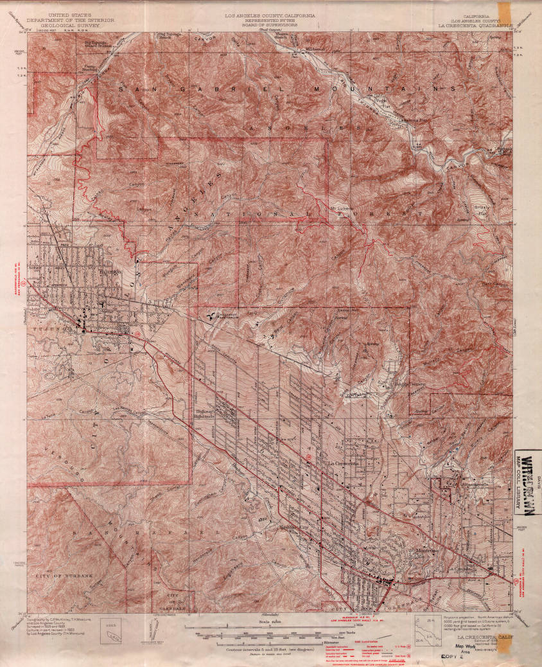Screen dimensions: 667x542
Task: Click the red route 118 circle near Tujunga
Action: coord(137,333)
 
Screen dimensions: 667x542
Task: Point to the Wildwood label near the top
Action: coord(315,49)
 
